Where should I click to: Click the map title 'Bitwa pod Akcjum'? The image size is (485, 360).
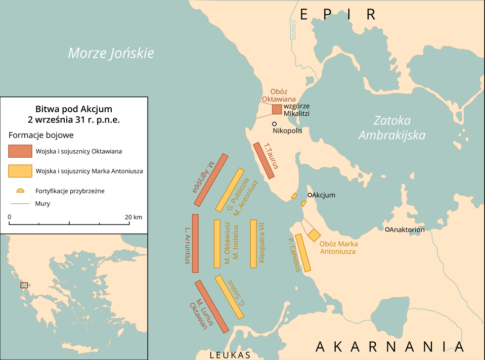click(74, 109)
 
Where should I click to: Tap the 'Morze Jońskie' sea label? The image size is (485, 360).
click(111, 53)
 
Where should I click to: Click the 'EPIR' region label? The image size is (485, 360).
click(338, 14)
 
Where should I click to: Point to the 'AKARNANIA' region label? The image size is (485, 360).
click(389, 347)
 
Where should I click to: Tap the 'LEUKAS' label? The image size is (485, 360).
click(230, 355)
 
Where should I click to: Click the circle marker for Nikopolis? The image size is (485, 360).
click(275, 124)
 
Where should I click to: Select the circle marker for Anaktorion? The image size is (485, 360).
click(387, 230)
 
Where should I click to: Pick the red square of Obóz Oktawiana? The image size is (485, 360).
click(277, 109)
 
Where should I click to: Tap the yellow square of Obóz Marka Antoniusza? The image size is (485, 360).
click(314, 235)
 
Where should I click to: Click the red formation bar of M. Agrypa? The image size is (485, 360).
click(215, 179)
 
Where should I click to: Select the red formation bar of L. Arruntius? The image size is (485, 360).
click(195, 243)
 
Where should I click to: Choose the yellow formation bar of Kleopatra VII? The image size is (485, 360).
click(253, 243)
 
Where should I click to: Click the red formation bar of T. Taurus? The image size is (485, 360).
click(263, 160)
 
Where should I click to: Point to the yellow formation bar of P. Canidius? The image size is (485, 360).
click(303, 252)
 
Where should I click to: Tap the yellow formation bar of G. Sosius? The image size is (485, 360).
click(229, 297)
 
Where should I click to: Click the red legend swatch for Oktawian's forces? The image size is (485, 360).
click(20, 151)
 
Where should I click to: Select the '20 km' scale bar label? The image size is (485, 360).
click(134, 217)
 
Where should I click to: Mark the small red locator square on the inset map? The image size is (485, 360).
click(24, 285)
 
